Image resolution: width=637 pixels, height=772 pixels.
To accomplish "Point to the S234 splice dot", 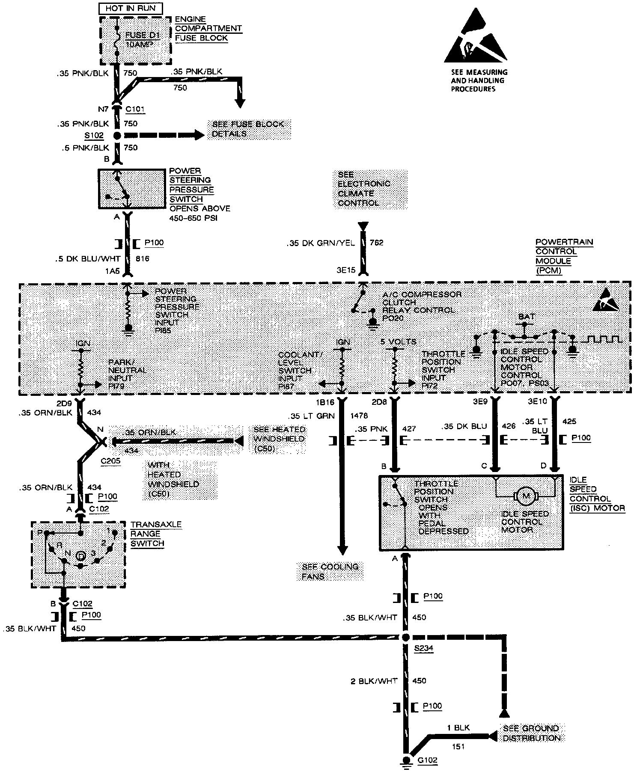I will [405, 637].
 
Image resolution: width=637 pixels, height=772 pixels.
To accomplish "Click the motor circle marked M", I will [526, 496].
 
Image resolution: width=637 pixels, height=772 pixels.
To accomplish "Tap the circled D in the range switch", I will [80, 555].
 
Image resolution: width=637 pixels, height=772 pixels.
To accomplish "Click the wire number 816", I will [142, 259].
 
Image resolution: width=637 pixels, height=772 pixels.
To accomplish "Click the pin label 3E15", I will [346, 270].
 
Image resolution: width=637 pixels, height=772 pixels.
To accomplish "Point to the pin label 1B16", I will [324, 403].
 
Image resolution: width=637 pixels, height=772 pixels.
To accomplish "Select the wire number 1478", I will [359, 416].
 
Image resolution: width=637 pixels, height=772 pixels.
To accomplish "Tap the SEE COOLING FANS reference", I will [330, 571].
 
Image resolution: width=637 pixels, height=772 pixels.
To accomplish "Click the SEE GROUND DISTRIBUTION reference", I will [531, 733].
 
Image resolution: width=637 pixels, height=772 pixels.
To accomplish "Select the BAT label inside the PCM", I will [526, 317].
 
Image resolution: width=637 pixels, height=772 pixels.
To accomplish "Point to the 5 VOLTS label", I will [398, 341].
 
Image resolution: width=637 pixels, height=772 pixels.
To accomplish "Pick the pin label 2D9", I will [64, 403].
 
